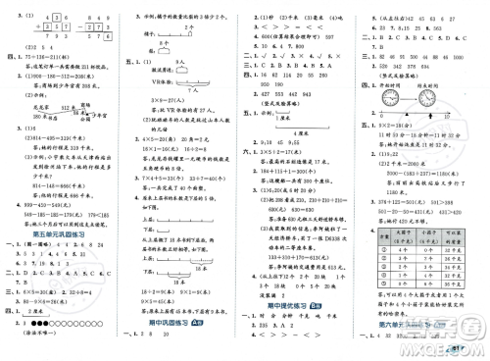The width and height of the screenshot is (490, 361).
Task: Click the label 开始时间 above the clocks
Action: click(x=378, y=95)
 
